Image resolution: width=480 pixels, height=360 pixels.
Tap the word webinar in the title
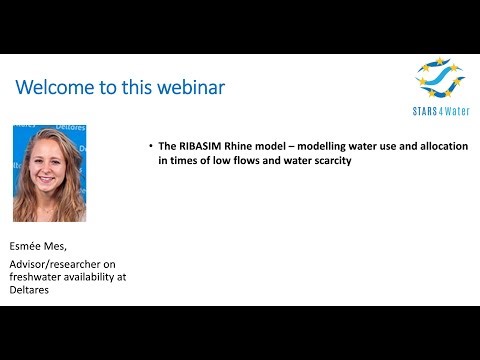pos(191,87)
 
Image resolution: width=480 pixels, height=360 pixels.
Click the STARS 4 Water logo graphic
pos(440,77)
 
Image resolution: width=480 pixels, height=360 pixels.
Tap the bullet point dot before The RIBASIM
pos(149,146)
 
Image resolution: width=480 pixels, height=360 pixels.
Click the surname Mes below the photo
pos(65,242)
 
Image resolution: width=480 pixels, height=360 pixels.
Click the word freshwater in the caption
pos(38,276)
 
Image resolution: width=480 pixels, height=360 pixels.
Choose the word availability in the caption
pos(98,276)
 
